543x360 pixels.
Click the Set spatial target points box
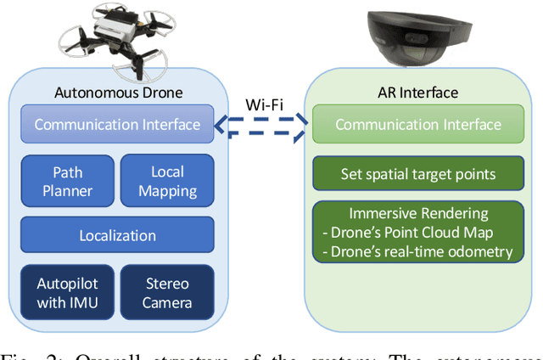click(x=417, y=175)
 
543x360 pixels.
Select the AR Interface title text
click(x=417, y=93)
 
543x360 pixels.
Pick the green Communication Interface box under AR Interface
click(x=417, y=125)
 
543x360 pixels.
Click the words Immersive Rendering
click(x=417, y=215)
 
